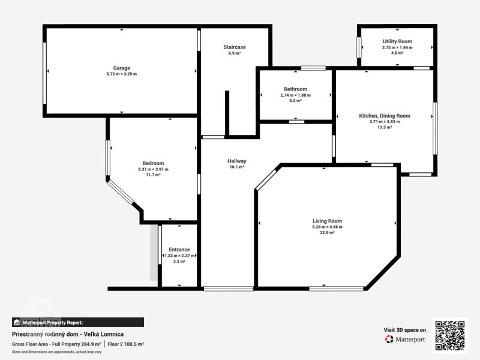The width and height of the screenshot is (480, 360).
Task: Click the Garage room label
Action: pos(122,68)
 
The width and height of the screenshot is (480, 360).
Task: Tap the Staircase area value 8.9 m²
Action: pos(234,53)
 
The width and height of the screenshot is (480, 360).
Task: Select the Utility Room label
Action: pos(397,41)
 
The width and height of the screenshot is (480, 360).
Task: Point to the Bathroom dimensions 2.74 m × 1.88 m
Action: pos(295,95)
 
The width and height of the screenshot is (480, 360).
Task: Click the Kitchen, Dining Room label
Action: pos(385,116)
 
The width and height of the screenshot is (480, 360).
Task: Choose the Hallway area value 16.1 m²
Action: pos(236,167)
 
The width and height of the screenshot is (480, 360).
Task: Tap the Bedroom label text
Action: pos(153,163)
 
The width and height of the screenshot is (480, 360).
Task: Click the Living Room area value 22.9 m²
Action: pos(327,233)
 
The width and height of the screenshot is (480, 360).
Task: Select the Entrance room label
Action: pos(179,250)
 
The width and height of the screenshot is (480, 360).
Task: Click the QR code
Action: pos(449,335)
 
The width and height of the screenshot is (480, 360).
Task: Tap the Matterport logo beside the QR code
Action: pos(405,339)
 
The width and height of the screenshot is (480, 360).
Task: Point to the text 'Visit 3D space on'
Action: pos(404,329)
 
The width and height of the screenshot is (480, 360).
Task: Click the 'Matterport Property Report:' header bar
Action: pos(78,322)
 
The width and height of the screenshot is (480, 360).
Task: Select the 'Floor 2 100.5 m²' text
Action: pos(125,344)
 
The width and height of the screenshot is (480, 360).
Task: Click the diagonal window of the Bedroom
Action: pos(121,192)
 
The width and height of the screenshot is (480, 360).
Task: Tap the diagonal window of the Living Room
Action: pos(266,179)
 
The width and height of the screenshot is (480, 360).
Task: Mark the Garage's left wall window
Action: pos(44,73)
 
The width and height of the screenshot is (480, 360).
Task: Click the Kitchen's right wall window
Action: pos(435,128)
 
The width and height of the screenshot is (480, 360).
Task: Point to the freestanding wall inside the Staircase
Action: pos(227,113)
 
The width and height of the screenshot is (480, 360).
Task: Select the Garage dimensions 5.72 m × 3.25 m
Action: pos(122,74)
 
